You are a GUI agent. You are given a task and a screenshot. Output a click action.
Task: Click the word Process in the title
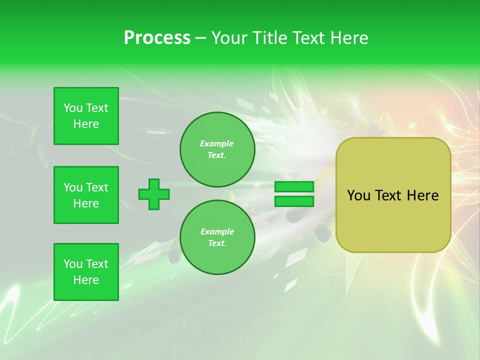[157, 38]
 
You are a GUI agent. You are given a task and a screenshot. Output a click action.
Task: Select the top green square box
[86, 116]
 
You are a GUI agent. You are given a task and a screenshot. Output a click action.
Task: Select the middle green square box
[86, 195]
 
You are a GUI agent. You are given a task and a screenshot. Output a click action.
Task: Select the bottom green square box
[86, 272]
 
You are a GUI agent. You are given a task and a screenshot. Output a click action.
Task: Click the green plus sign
[154, 194]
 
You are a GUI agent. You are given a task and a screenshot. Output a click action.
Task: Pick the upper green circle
[217, 149]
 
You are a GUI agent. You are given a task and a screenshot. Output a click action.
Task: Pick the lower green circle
[217, 237]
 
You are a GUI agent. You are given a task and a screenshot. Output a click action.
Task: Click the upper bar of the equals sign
[294, 187]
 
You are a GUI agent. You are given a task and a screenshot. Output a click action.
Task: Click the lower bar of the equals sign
[294, 201]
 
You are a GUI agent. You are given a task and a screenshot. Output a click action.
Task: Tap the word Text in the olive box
[392, 195]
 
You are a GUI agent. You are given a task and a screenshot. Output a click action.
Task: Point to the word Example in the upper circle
[216, 143]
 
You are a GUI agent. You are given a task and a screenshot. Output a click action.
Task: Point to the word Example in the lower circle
[217, 231]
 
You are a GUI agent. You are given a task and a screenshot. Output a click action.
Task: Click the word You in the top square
[73, 108]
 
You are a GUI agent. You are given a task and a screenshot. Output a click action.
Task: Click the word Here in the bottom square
[86, 280]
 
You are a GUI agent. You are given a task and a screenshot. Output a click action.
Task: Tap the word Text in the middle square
[96, 187]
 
